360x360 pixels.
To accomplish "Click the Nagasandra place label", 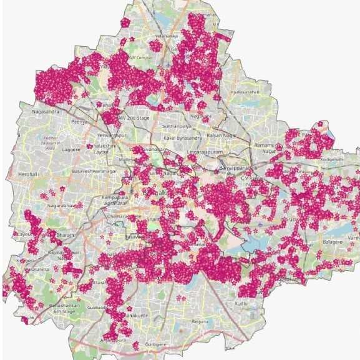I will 45,112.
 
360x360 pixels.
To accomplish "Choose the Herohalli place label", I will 29,174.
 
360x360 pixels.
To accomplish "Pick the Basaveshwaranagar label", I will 94,170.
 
